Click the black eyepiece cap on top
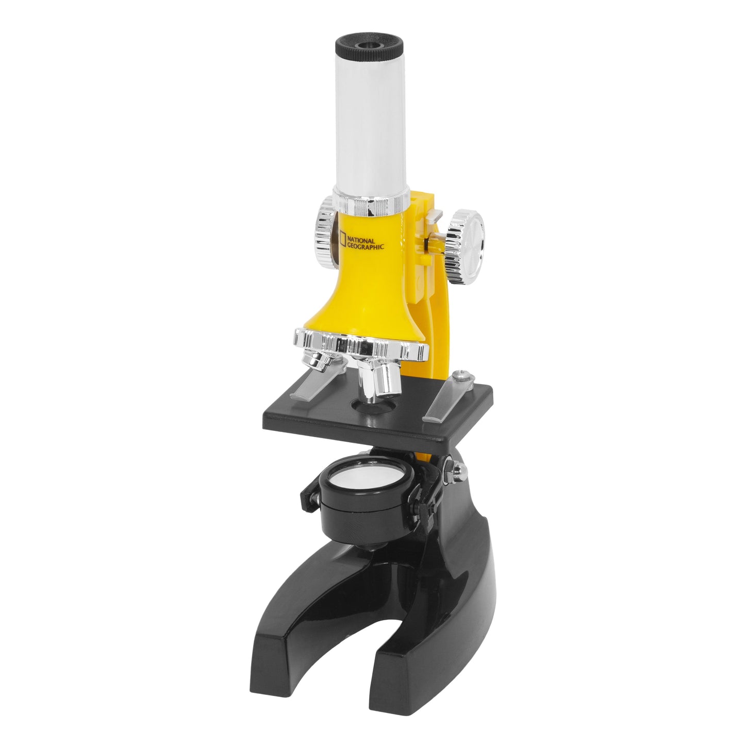coord(369,46)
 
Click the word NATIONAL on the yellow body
coord(361,240)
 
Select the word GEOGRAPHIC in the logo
coord(366,246)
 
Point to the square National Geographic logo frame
coord(341,238)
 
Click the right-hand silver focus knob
coord(465,246)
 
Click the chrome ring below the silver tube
coord(371,202)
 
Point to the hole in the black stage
coord(374,407)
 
